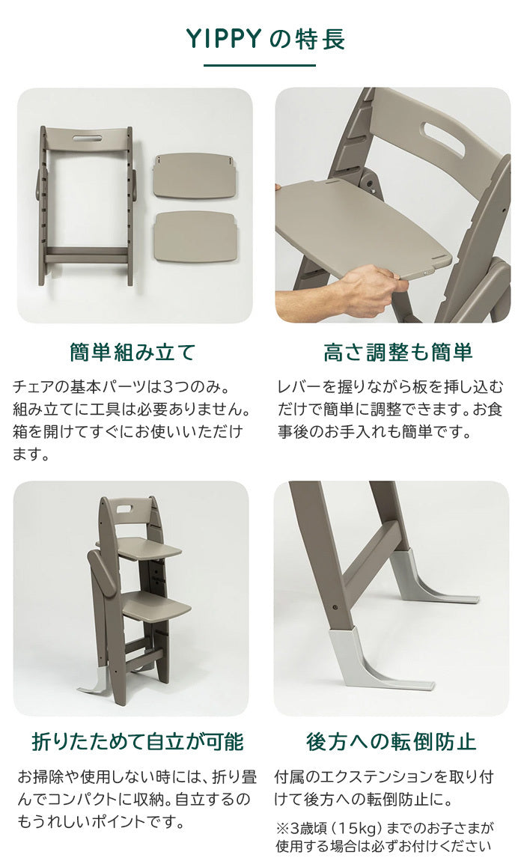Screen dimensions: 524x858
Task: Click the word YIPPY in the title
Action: pos(225,39)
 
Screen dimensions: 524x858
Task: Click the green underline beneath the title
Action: pos(260,65)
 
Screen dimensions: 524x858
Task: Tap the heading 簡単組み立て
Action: pos(132,353)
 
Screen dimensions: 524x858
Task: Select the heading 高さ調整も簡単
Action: pos(397,353)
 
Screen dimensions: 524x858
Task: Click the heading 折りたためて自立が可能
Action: pos(137,741)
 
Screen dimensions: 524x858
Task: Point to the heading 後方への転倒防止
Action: pos(391,741)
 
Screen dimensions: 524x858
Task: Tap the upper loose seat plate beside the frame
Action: pos(194,175)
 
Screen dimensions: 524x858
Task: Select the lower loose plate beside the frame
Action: pos(195,237)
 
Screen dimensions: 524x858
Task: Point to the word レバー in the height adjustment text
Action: pos(298,386)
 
